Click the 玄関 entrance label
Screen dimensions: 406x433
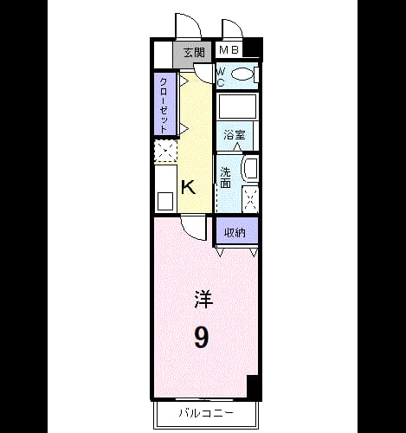[194, 53]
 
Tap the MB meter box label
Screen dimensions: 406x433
[229, 50]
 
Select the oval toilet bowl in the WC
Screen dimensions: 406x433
[242, 74]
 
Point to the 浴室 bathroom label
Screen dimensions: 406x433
[235, 135]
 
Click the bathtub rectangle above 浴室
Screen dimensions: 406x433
[237, 106]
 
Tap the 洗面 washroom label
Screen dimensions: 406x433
[225, 178]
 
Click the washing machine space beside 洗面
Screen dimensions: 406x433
[250, 199]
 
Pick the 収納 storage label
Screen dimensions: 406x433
[235, 232]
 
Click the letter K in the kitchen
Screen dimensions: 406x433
[188, 187]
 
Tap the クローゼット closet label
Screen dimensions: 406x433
[164, 105]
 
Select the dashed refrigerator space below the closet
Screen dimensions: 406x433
[165, 151]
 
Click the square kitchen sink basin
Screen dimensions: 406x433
[165, 201]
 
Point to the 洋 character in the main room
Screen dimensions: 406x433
[203, 300]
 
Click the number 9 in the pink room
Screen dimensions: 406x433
[201, 337]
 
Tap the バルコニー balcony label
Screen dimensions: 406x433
[206, 413]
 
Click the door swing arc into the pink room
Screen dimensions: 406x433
[191, 232]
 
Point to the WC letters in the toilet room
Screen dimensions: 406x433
[221, 77]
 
